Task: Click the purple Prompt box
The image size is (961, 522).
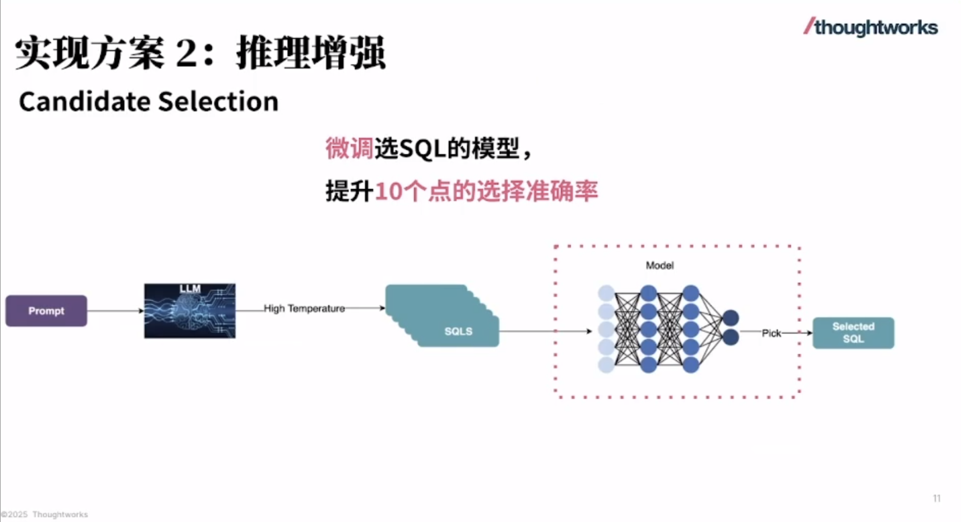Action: (46, 311)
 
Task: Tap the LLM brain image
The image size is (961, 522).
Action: (190, 311)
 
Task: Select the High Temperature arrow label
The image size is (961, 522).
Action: (304, 309)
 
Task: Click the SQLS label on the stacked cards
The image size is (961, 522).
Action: (458, 331)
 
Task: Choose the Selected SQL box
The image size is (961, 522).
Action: (853, 333)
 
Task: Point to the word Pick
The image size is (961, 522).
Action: (771, 333)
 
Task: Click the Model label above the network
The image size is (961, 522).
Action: (659, 265)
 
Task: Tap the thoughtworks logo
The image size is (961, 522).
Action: (871, 28)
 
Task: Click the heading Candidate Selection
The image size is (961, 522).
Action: (148, 102)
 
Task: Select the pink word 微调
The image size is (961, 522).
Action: (349, 148)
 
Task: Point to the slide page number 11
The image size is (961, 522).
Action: (936, 498)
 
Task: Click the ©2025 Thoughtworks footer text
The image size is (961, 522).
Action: (45, 515)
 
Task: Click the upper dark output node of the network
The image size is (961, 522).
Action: (731, 318)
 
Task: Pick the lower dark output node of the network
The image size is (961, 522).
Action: (731, 337)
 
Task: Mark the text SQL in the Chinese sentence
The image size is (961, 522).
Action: (423, 148)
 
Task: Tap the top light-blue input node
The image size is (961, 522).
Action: (606, 293)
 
